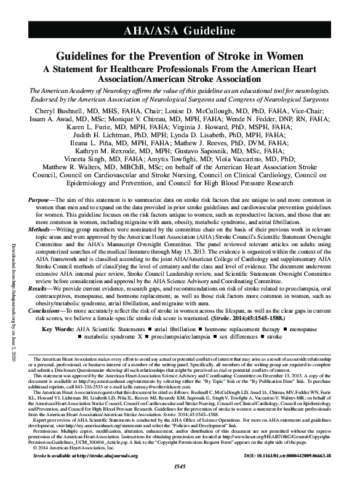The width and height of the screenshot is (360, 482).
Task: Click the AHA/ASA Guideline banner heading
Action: [179, 30]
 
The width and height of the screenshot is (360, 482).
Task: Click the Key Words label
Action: [71, 329]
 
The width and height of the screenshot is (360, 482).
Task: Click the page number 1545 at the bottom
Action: [180, 475]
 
